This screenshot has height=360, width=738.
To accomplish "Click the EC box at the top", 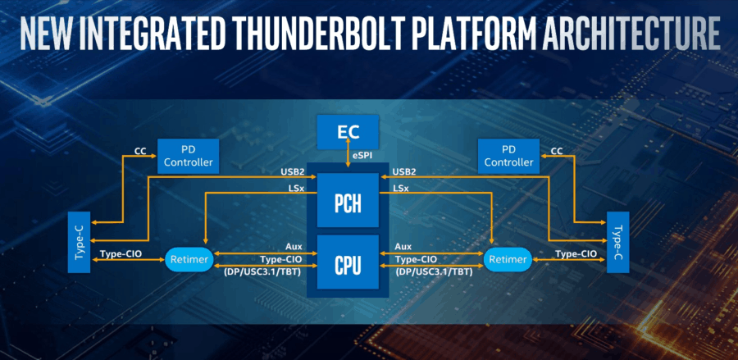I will click(x=348, y=131).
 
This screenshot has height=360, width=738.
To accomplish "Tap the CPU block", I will click(x=347, y=265).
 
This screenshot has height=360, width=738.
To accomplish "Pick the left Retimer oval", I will click(x=189, y=260).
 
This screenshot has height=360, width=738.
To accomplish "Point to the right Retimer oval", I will click(x=506, y=260).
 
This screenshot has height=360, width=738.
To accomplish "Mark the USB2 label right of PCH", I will click(x=404, y=171).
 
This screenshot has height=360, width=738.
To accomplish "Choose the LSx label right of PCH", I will click(x=402, y=189).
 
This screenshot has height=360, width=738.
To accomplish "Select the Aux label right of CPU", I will click(x=403, y=246).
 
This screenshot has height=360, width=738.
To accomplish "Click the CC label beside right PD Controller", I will click(x=557, y=151).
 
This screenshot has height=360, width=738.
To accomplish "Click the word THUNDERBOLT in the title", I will click(x=340, y=35).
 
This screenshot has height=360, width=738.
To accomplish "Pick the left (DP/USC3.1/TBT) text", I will click(x=262, y=270).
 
